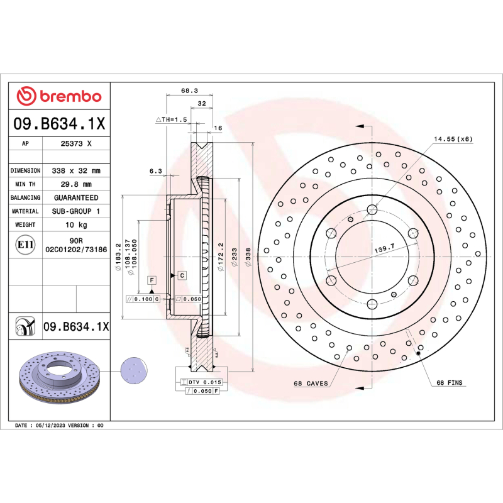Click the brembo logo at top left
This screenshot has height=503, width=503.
click(x=58, y=96)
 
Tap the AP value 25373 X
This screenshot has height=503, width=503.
click(x=75, y=144)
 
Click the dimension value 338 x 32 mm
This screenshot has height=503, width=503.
click(x=75, y=170)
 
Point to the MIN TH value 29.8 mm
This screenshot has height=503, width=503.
click(x=75, y=184)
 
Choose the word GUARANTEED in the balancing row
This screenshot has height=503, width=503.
click(x=75, y=197)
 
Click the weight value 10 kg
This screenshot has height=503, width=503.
click(x=75, y=224)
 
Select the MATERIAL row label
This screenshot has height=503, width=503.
click(x=25, y=211)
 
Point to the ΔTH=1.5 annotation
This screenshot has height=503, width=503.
click(x=172, y=119)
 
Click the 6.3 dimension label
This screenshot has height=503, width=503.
click(x=156, y=170)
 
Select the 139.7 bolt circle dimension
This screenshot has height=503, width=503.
click(x=384, y=250)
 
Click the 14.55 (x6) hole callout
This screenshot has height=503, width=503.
click(x=452, y=138)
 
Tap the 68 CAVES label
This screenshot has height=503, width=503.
click(x=311, y=383)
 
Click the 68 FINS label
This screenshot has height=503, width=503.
click(x=449, y=383)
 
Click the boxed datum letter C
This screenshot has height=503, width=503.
click(x=181, y=275)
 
